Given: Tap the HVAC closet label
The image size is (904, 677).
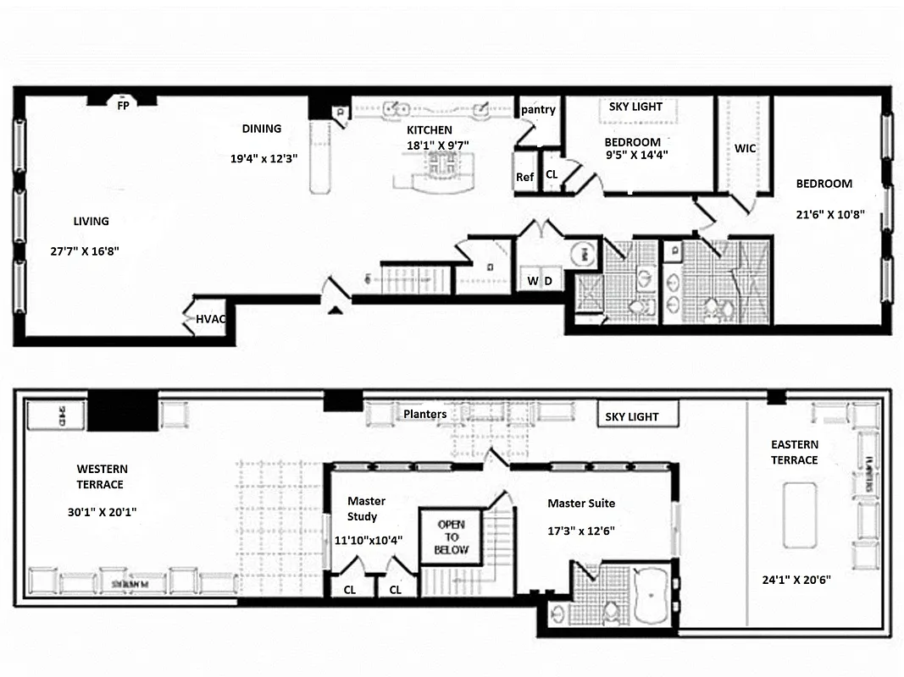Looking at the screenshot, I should (x=211, y=319).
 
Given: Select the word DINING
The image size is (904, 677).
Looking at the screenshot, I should (x=261, y=129).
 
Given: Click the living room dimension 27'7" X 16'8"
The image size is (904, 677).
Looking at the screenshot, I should (x=91, y=251).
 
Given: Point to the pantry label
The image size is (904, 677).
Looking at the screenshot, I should (x=538, y=109).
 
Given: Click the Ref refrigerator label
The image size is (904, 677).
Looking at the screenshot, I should (x=525, y=177).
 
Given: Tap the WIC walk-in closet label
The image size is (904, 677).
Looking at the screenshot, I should (x=745, y=148).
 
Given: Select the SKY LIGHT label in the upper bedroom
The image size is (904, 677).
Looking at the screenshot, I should (x=635, y=107).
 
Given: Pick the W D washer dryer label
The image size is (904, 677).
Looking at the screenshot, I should (x=540, y=281).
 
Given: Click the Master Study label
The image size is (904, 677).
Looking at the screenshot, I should (x=367, y=509).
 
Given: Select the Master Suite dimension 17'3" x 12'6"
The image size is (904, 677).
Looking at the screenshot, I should (x=580, y=532).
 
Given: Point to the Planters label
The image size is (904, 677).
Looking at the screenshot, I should (x=424, y=414).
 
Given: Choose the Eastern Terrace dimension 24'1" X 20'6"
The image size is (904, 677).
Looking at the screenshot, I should (x=796, y=580).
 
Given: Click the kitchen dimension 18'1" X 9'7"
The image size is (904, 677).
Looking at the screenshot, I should (x=437, y=146).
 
